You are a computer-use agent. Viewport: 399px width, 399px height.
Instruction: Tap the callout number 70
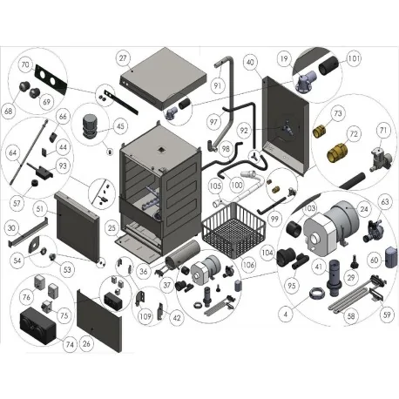pos(24,64)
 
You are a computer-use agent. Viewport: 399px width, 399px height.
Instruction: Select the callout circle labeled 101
pos(353,59)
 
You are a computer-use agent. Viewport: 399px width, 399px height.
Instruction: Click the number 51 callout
pos(40,209)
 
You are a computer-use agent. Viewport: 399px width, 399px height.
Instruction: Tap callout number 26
pos(86,343)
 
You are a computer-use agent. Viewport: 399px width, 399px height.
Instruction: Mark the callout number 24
pos(363,209)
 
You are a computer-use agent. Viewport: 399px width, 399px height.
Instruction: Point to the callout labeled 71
pos(382,130)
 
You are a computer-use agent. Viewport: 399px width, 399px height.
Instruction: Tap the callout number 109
pos(144,315)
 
